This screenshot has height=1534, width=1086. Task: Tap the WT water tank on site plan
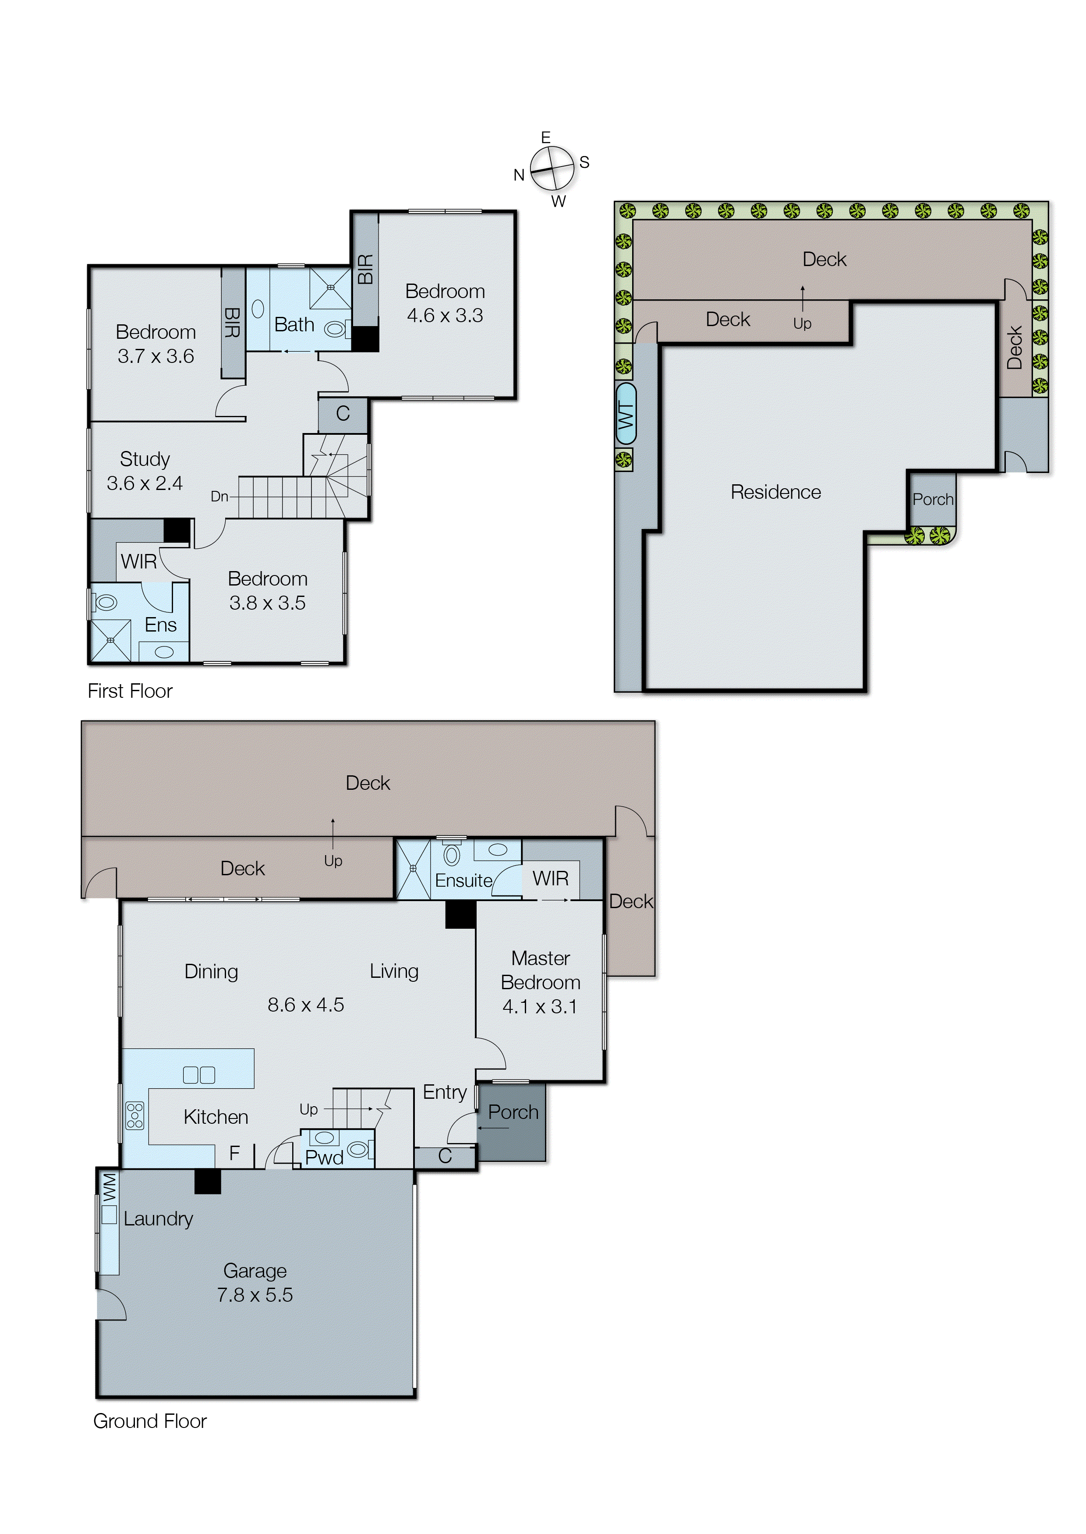tap(625, 413)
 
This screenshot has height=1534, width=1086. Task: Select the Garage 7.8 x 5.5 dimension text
tap(255, 1295)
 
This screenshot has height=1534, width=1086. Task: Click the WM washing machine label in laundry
tap(110, 1187)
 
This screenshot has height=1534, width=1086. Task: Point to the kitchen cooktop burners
tap(134, 1115)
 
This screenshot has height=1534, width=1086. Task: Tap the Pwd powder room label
tap(324, 1158)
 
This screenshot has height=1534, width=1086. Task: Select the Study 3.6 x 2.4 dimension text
tap(145, 483)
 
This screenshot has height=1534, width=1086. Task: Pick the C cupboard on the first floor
tap(343, 414)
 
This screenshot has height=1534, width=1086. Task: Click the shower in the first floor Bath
tap(330, 288)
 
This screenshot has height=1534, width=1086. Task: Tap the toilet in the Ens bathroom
tap(105, 602)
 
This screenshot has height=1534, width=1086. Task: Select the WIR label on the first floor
tap(138, 561)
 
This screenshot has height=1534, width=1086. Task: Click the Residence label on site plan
tap(775, 492)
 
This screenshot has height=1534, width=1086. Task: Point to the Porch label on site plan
tap(932, 500)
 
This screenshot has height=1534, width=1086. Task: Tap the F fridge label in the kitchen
tap(234, 1153)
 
